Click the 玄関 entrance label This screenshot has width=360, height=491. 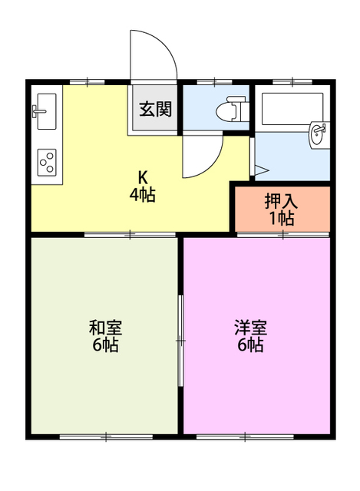155,109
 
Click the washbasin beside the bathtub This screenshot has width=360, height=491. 316,135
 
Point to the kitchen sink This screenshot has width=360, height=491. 45,110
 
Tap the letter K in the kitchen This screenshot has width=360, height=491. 142,176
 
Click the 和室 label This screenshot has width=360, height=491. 104,328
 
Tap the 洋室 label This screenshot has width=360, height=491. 250,328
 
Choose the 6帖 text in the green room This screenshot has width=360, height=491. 104,345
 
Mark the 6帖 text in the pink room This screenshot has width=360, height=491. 250,345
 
